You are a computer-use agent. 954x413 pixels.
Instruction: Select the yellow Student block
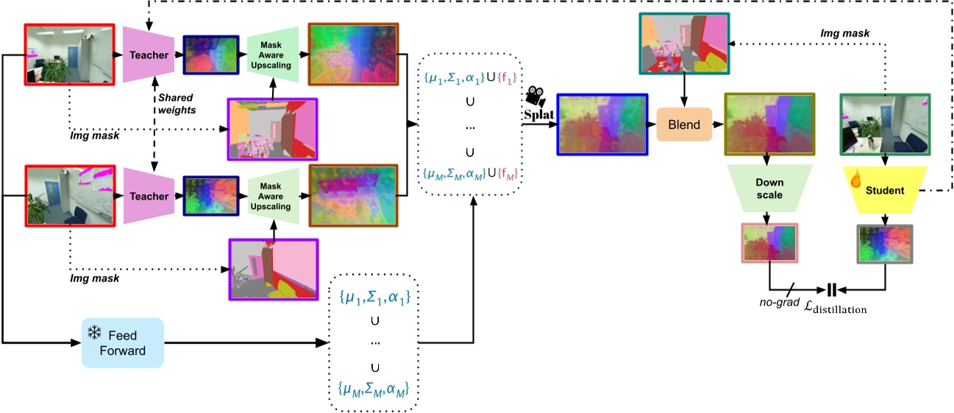point(885,189)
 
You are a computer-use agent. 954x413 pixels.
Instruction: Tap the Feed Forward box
point(122,342)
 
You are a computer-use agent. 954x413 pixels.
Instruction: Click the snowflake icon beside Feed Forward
point(94,333)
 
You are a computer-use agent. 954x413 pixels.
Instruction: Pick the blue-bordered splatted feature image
point(602,124)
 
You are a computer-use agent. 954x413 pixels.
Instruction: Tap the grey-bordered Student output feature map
point(885,244)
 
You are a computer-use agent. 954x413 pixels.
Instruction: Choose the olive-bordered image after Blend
point(769,124)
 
